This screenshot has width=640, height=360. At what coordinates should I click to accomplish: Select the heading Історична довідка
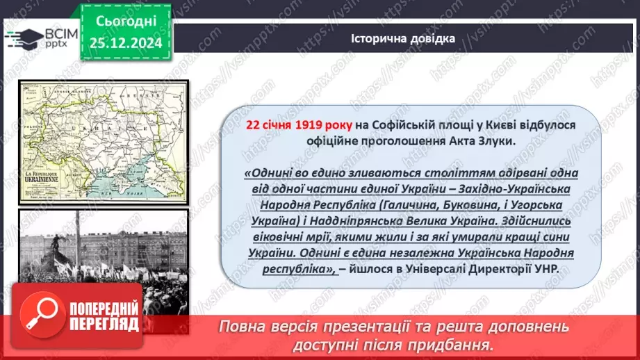(403, 38)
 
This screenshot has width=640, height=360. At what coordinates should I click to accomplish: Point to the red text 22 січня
(268, 124)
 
